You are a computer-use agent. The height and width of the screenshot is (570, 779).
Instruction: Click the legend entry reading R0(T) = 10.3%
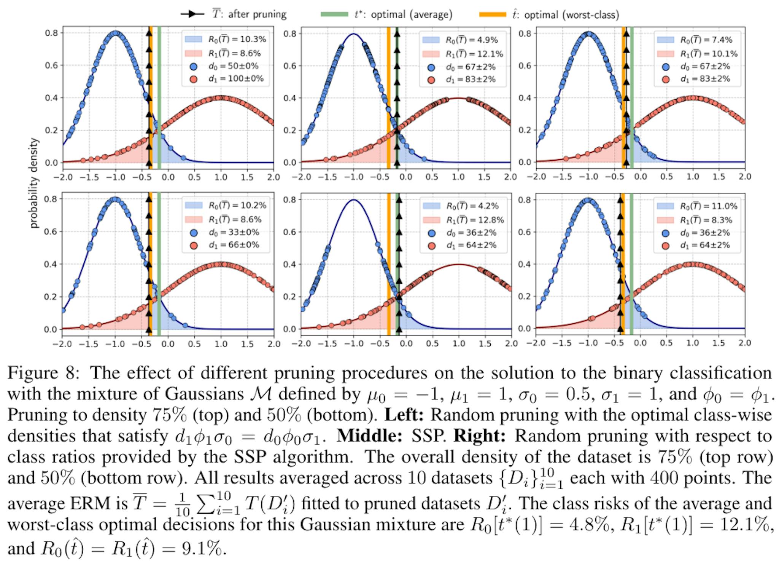[x=237, y=39]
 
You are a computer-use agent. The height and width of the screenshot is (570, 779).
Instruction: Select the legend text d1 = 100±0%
[x=236, y=79]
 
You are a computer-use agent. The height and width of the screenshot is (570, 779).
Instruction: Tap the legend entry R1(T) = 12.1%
[x=474, y=54]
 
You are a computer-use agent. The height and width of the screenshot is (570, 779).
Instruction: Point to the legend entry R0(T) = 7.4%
[x=706, y=40]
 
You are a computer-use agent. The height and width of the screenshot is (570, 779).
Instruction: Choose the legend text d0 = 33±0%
[x=234, y=232]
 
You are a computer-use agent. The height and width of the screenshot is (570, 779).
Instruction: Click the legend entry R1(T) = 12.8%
[x=475, y=220]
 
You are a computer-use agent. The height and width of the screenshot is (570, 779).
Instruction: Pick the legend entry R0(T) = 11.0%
[x=709, y=206]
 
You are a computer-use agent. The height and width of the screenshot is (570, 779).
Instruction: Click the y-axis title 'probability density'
[x=34, y=183]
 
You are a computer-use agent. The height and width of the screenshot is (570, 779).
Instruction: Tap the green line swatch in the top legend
[x=334, y=14]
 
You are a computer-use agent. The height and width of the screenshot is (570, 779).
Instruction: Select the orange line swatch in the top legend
[x=493, y=14]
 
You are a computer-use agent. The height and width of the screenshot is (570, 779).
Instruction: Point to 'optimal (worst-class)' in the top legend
[x=571, y=15]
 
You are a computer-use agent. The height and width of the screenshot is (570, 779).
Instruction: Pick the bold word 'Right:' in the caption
[x=479, y=436]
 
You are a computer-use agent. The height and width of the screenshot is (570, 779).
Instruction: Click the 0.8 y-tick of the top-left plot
[x=52, y=33]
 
